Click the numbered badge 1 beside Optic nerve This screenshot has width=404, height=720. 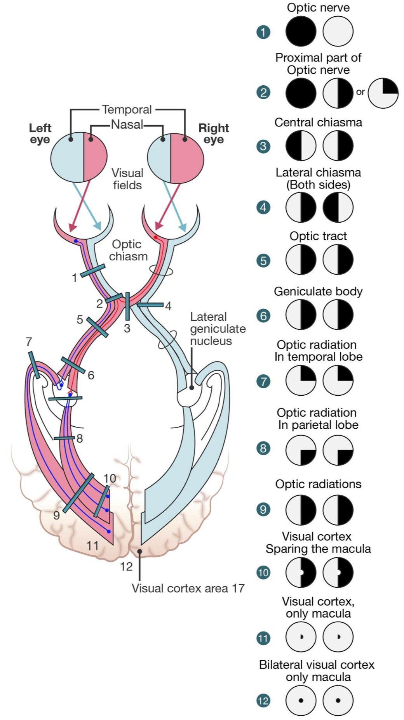click(x=263, y=32)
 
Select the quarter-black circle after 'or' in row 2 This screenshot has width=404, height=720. click(x=383, y=93)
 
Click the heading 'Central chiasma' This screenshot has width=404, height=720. click(x=318, y=123)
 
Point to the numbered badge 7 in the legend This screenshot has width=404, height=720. click(x=263, y=381)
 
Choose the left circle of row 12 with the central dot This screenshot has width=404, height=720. click(x=301, y=701)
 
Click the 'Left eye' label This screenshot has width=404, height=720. click(x=40, y=134)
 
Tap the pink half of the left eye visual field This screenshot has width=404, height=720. click(x=96, y=157)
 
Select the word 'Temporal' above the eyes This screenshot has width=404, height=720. click(x=127, y=110)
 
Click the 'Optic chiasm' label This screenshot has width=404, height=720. click(x=127, y=250)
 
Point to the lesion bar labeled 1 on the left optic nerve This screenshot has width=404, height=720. click(x=92, y=271)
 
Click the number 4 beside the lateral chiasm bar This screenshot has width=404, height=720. click(x=168, y=306)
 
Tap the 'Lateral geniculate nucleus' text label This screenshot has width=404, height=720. click(x=217, y=329)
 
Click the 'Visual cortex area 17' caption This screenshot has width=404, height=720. click(x=188, y=588)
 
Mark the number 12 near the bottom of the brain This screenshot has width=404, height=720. click(x=126, y=567)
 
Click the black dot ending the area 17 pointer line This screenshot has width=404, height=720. click(x=139, y=551)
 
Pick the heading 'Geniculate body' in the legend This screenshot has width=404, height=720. click(x=318, y=291)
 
